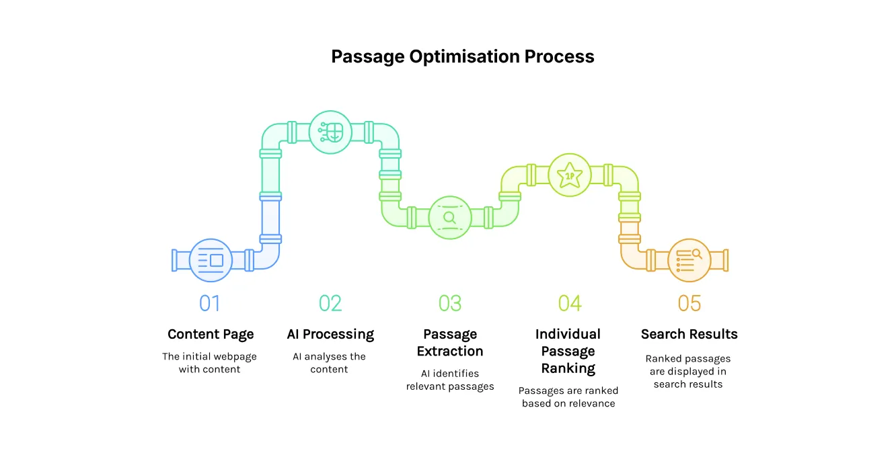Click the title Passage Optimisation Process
tap(462, 56)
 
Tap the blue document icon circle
tap(211, 260)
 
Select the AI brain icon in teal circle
tap(330, 132)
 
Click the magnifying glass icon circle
tap(449, 218)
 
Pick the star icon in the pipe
tap(570, 175)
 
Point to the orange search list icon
tap(689, 260)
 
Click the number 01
tap(210, 304)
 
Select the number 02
tap(330, 304)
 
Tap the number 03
tap(450, 304)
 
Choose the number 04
tap(569, 304)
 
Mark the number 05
tap(689, 304)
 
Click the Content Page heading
tap(211, 334)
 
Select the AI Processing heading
tap(330, 334)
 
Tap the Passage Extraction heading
tap(450, 343)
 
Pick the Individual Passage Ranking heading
tap(568, 351)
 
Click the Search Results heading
tap(689, 334)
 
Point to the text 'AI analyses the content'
tap(330, 363)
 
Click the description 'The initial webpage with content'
tap(209, 363)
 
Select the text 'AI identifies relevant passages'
tap(450, 380)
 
